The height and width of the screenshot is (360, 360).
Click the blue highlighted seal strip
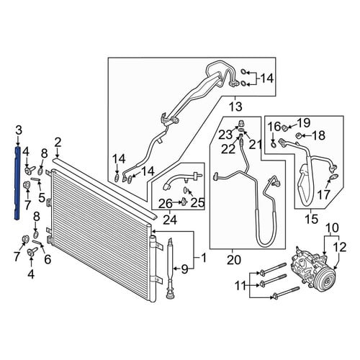tap(18, 182)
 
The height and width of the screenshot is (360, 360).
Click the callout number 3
tap(19, 130)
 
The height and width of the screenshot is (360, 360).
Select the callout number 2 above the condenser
tap(58, 143)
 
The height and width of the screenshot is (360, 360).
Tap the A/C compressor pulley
tap(325, 281)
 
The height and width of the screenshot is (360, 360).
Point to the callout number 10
tap(332, 228)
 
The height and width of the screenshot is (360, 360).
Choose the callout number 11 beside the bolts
tap(240, 286)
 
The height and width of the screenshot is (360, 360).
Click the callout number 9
tap(184, 269)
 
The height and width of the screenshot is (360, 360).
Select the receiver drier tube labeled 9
tap(170, 269)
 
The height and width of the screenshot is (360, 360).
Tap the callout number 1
tap(204, 258)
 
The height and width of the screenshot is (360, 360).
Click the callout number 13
tap(235, 107)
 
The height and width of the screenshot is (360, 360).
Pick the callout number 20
tap(234, 260)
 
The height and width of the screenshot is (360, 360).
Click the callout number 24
tap(170, 220)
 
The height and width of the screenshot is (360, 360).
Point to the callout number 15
tap(311, 219)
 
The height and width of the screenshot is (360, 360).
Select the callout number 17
tap(324, 194)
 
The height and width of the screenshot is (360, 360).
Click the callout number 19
tap(304, 123)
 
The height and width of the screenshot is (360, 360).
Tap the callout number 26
tap(166, 204)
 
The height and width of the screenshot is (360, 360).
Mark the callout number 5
tap(42, 198)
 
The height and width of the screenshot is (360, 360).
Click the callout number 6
tap(48, 259)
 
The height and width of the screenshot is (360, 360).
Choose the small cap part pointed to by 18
tap(298, 136)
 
